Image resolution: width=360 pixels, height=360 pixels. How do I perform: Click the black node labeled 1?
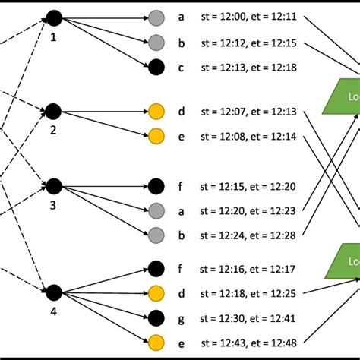[x=53, y=17]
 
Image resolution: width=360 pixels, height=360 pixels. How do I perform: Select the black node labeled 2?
[x=53, y=112]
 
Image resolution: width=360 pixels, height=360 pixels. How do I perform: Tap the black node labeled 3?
[x=53, y=185]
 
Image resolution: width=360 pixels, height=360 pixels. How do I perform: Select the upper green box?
[x=343, y=97]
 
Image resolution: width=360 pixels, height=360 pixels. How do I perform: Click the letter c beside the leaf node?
[x=181, y=68]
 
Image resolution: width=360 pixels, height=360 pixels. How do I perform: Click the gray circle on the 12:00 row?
[x=156, y=17]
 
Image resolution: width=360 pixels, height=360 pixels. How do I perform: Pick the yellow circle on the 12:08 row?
[x=156, y=137]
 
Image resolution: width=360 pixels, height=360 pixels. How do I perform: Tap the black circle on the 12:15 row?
[x=156, y=185]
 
